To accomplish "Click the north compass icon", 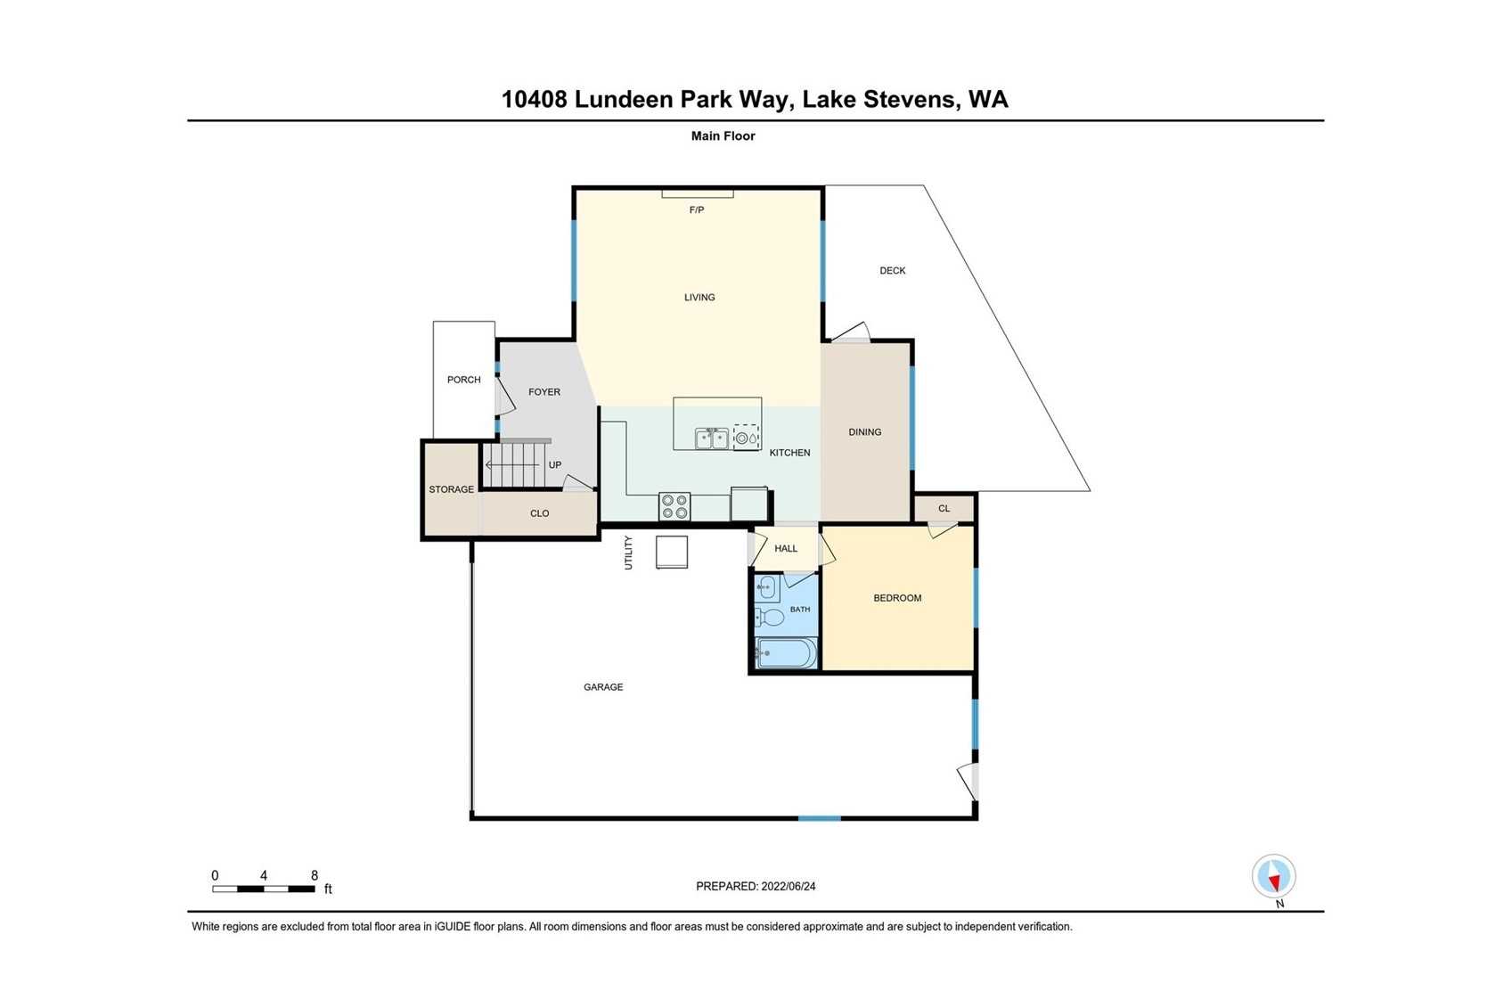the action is [x=1274, y=876].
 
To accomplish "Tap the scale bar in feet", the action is [x=263, y=889].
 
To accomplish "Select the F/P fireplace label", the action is [x=697, y=210].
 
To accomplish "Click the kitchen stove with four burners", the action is [x=674, y=506].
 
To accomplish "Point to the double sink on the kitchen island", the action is [x=711, y=438].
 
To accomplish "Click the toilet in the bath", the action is [x=769, y=617].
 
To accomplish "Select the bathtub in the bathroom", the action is [x=787, y=653].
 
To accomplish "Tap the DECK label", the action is [x=893, y=271].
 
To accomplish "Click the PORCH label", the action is [x=463, y=380].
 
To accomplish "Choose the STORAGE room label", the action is [x=452, y=489].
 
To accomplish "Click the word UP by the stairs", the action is [x=555, y=465].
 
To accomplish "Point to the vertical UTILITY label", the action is [x=628, y=553].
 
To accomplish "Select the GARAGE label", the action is [x=603, y=687].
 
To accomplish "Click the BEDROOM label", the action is [x=897, y=598].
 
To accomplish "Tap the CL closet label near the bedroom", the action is [x=944, y=508].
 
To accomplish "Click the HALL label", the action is [x=786, y=548].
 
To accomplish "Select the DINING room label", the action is [x=864, y=432].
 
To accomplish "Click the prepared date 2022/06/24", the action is [x=789, y=887].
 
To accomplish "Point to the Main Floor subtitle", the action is [x=723, y=135].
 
